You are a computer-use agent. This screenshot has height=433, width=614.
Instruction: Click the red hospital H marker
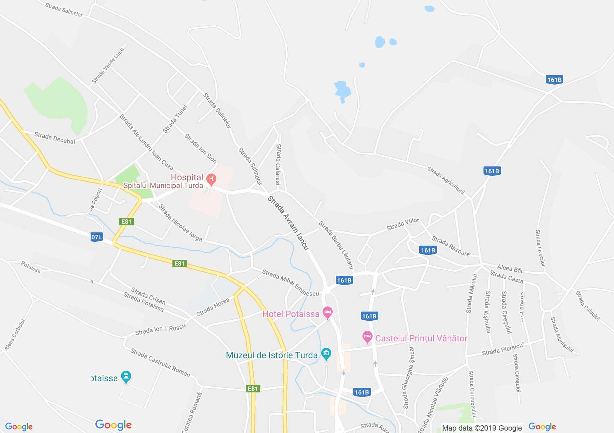(211, 179)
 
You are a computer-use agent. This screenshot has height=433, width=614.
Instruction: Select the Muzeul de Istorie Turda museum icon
(326, 354)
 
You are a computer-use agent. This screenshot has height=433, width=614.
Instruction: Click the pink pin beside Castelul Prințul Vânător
(367, 337)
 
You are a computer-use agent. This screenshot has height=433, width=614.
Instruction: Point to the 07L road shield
(96, 237)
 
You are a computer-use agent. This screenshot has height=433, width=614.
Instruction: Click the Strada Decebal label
(54, 138)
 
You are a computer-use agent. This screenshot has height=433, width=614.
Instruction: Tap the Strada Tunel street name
(175, 119)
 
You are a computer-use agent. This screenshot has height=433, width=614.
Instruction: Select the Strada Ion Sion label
(200, 148)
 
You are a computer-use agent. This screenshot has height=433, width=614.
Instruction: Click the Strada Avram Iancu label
(288, 223)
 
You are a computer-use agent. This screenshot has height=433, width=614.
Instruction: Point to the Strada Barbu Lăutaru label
(336, 245)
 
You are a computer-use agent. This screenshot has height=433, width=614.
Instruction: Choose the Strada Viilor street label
(402, 224)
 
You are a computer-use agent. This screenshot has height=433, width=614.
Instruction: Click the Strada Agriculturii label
(446, 180)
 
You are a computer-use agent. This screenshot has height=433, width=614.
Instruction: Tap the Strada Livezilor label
(540, 248)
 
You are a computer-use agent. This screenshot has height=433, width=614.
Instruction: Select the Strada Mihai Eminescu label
(290, 283)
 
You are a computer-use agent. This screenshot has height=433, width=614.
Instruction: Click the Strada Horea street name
(213, 307)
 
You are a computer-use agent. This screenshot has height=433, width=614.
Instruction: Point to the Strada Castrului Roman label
(160, 363)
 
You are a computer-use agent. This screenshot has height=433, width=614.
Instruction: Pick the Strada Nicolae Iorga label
(180, 223)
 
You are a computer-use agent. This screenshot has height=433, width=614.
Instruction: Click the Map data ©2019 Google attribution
(482, 428)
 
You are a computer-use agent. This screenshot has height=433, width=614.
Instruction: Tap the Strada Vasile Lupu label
(108, 66)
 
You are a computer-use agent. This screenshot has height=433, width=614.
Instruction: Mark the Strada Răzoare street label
(451, 246)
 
